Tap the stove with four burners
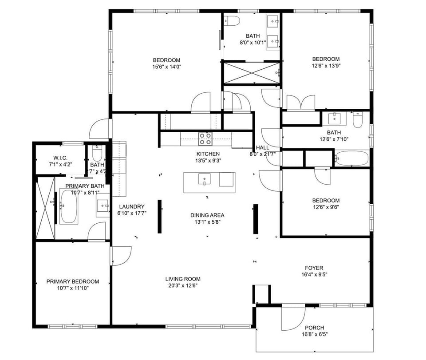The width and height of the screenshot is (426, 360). click(205, 139)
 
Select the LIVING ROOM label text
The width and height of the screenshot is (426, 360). click(183, 279)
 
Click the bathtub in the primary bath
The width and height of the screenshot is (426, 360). click(69, 207)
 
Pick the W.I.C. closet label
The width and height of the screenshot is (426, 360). click(60, 158)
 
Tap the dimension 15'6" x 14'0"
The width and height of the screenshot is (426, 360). click(166, 67)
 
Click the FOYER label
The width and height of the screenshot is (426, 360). click(314, 268)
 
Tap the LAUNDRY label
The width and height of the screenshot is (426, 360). click(132, 206)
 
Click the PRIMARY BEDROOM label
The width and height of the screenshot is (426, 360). click(73, 281)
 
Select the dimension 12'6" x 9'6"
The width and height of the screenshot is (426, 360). click(326, 207)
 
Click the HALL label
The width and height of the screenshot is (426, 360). click(262, 148)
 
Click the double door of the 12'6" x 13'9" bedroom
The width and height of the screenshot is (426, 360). click(301, 103)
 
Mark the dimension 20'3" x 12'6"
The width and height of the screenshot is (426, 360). click(183, 286)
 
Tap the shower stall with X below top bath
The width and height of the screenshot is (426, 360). click(251, 72)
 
